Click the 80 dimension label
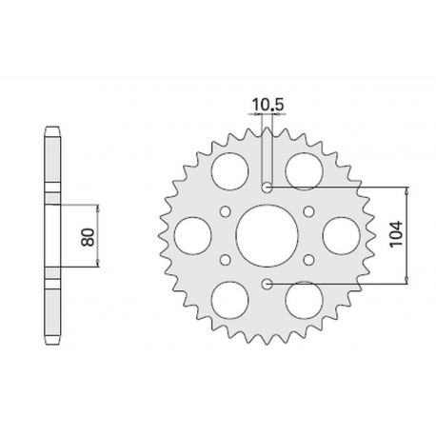click(89, 235)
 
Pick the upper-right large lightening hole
click(305, 170)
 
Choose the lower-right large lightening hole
click(305, 298)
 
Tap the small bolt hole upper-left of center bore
click(226, 210)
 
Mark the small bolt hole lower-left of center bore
click(226, 258)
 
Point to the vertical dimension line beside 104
click(407, 234)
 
